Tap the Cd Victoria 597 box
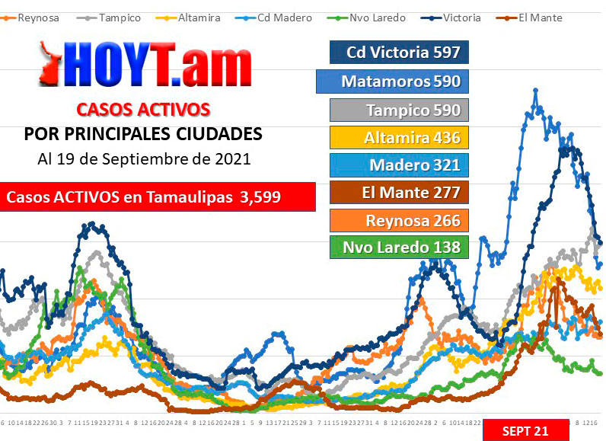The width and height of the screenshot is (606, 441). click(399, 53)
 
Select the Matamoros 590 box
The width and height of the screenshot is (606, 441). click(391, 81)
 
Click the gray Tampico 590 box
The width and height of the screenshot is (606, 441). click(399, 110)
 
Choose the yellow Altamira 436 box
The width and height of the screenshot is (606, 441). click(399, 138)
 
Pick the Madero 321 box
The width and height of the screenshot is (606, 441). click(399, 165)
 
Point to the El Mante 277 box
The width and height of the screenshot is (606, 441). click(399, 193)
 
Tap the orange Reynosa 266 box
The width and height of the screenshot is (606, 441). click(399, 221)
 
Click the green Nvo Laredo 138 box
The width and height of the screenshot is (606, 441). click(399, 248)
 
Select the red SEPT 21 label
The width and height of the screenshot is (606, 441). click(525, 430)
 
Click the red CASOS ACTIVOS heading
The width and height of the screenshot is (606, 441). click(143, 109)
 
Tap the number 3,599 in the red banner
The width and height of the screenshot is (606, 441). click(260, 197)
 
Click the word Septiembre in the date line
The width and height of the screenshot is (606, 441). click(155, 160)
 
